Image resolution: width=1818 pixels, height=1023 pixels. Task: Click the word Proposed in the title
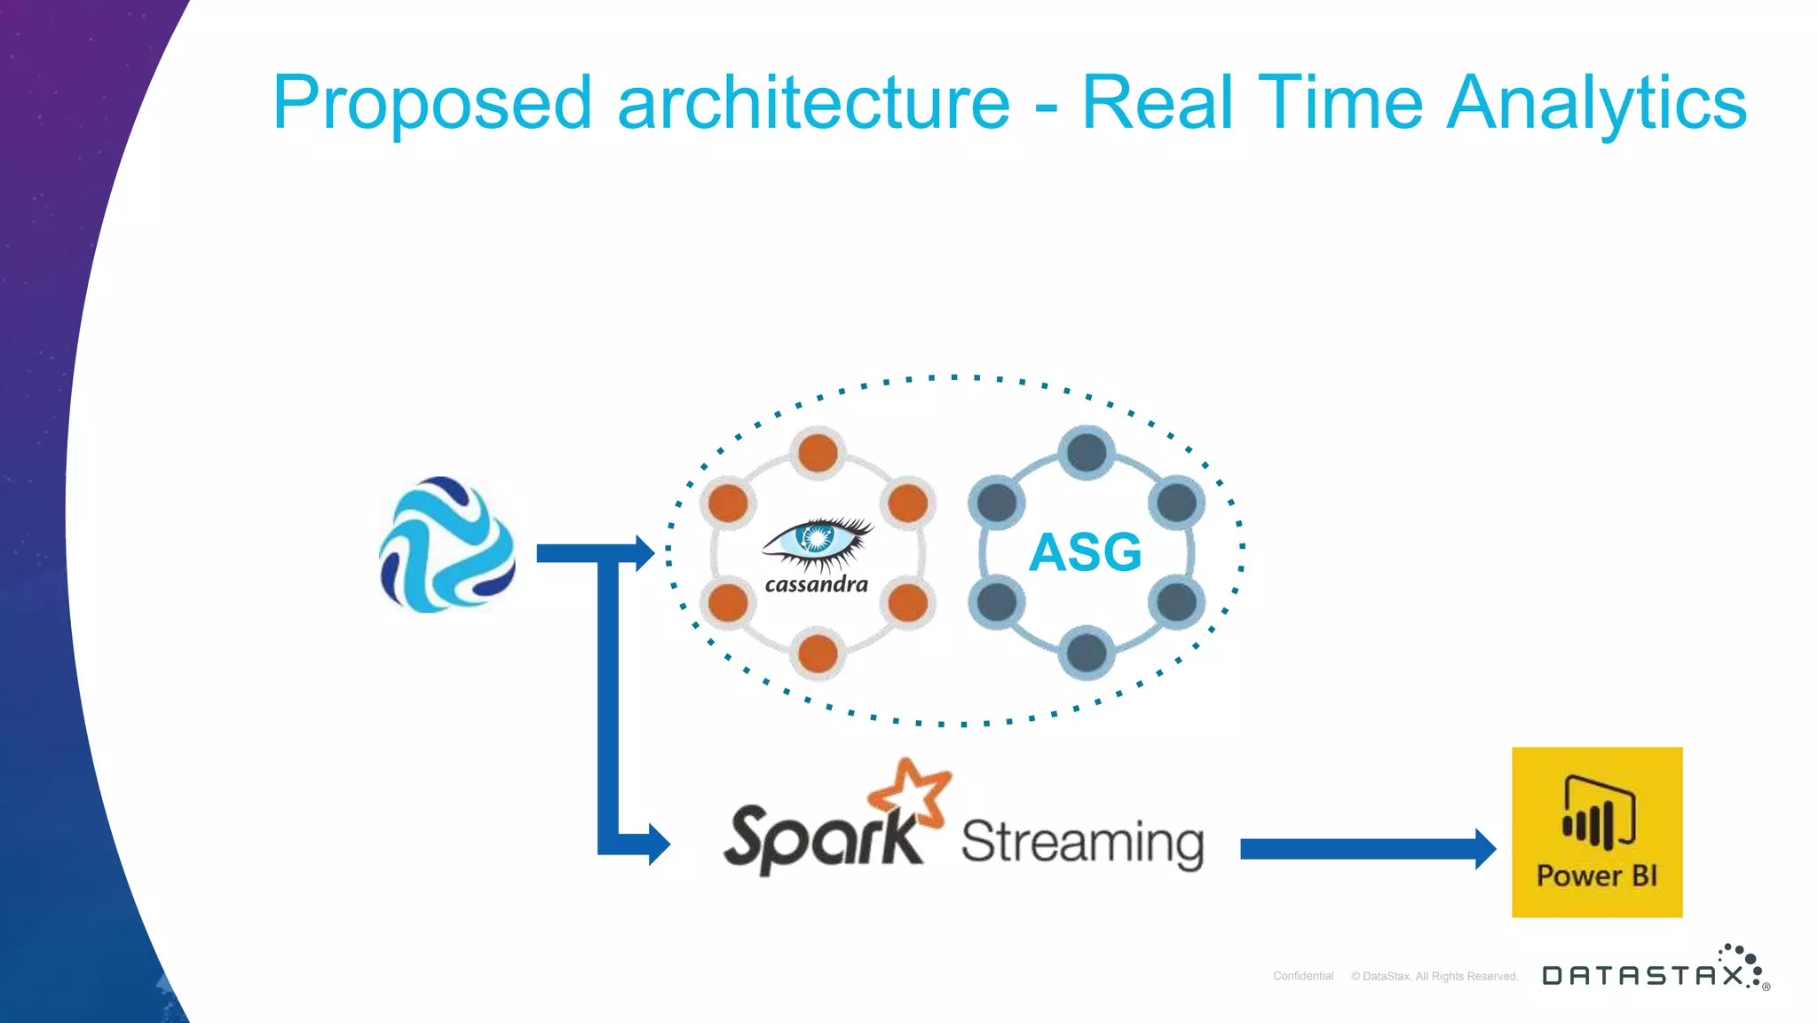[x=431, y=104]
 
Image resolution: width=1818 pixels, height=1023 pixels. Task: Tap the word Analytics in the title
[x=1596, y=104]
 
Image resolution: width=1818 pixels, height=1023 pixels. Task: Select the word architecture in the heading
[x=813, y=104]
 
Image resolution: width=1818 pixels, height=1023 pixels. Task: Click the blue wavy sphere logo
[x=447, y=544]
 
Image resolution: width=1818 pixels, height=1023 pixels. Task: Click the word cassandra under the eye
[x=817, y=584]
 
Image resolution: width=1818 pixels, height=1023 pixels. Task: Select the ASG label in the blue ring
[x=1085, y=551]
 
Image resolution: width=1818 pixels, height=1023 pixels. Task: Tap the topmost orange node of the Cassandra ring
[x=818, y=453]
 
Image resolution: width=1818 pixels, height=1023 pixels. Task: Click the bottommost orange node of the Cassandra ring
[x=818, y=654]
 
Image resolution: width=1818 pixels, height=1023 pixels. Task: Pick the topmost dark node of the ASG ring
[x=1087, y=453]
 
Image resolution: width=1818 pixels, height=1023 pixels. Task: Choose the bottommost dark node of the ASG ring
[x=1087, y=654]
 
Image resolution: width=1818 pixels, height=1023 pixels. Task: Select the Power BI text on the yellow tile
[x=1596, y=876]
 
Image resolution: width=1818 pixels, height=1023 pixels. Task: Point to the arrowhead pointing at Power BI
[x=1484, y=849]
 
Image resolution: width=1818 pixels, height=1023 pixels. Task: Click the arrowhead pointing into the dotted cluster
[x=644, y=553]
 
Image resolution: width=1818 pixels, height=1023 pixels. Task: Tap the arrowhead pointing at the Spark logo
[x=659, y=844]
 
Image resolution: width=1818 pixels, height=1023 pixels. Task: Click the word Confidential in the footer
[x=1303, y=976]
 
